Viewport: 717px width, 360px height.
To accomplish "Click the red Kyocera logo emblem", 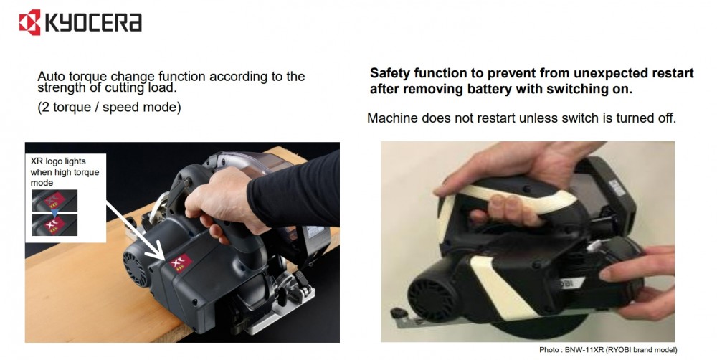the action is pyautogui.click(x=29, y=22).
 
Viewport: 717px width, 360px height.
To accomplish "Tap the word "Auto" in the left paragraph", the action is pyautogui.click(x=51, y=76).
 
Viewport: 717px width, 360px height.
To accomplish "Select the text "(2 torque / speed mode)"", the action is pyautogui.click(x=109, y=107).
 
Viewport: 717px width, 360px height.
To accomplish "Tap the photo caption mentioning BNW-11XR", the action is pyautogui.click(x=608, y=350).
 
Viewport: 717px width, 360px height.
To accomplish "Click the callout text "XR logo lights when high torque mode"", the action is pyautogui.click(x=65, y=172).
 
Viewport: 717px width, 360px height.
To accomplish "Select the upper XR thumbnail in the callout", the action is pyautogui.click(x=54, y=200).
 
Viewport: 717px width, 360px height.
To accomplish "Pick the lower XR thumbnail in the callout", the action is pyautogui.click(x=54, y=225).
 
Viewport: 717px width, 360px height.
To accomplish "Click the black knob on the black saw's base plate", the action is pyautogui.click(x=399, y=314).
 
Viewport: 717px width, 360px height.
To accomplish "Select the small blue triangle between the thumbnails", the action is pyautogui.click(x=55, y=213).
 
